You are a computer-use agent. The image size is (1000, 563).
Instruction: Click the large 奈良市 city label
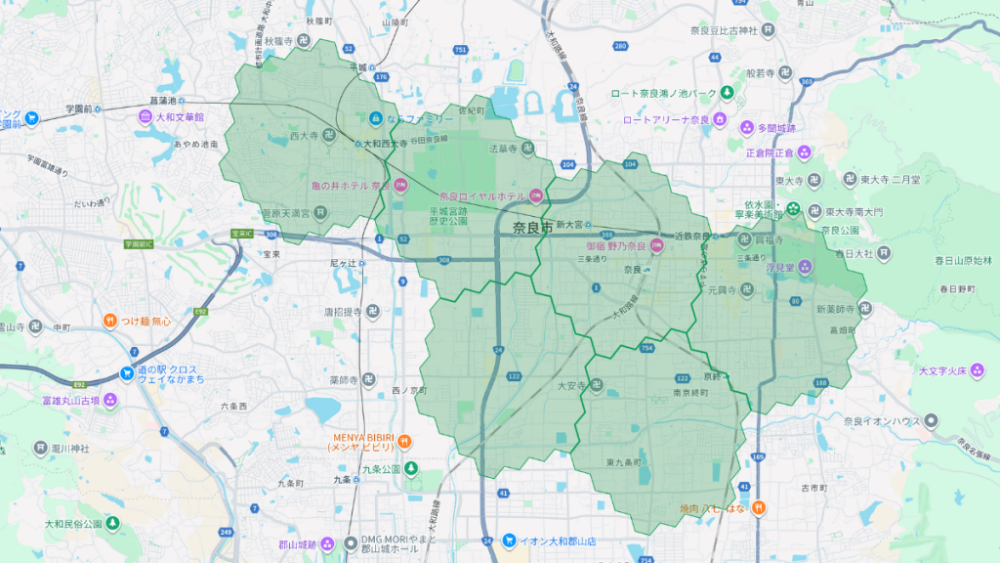[532, 227]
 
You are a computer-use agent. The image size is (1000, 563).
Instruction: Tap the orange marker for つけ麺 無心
[112, 321]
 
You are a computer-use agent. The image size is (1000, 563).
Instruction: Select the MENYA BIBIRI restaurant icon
[403, 441]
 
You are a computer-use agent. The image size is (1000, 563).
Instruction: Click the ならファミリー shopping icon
[376, 118]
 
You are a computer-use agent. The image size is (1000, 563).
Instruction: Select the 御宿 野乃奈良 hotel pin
[658, 246]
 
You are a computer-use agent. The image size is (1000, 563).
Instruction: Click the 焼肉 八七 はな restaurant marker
[758, 508]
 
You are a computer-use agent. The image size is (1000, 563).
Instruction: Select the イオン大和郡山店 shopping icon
[509, 541]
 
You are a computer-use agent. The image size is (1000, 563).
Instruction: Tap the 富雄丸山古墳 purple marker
[110, 400]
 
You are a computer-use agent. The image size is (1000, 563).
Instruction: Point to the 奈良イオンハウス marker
[932, 421]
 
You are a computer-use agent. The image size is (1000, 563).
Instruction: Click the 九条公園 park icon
[411, 468]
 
